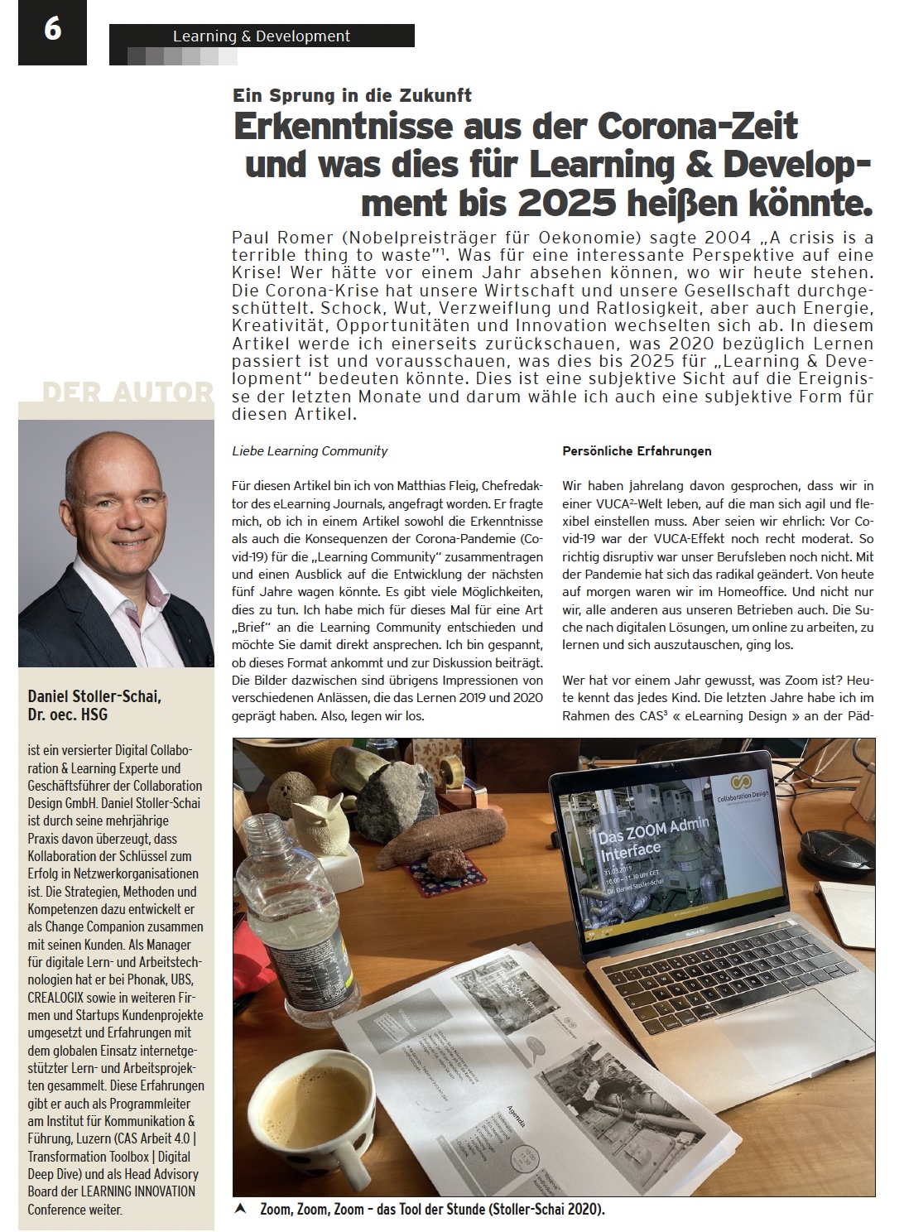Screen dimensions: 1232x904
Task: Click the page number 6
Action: pos(51,31)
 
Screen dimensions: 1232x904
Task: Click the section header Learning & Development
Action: pos(261,36)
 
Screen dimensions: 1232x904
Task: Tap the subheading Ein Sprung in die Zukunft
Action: pos(352,95)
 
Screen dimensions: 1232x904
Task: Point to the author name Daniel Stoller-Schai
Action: pos(94,696)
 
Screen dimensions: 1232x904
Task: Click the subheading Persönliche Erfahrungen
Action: pos(637,451)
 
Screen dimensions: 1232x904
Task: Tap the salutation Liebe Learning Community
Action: pos(310,451)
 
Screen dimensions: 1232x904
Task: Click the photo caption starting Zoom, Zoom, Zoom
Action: pos(432,1209)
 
